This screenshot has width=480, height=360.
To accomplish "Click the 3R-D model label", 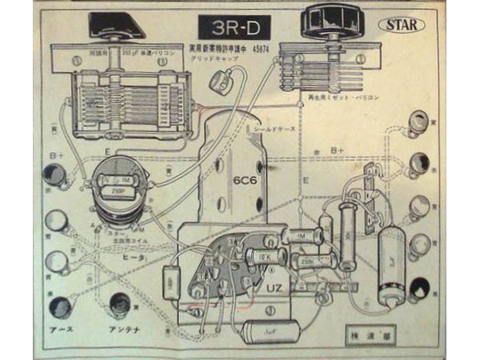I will coord(236,27).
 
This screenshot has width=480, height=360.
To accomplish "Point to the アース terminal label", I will coord(59,330).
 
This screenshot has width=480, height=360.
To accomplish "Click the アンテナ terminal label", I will coord(122,330).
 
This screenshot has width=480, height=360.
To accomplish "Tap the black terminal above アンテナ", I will coord(119,304).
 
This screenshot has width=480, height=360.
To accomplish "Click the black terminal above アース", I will coord(58,304).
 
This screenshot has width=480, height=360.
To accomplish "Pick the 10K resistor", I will coord(265,256).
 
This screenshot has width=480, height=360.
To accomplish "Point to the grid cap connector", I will coord(234,78).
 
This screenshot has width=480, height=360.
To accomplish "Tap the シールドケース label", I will coord(274,127).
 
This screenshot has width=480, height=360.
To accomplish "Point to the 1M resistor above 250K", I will coord(305,237).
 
